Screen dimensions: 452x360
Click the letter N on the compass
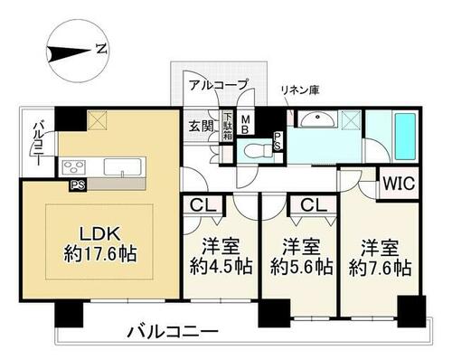point(102,49)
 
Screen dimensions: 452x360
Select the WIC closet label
point(399,183)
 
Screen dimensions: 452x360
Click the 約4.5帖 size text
point(221,266)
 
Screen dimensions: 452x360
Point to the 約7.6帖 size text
point(381,267)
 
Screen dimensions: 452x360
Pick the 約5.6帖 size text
point(301,267)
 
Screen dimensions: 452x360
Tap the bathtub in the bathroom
point(405,137)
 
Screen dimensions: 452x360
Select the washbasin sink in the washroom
point(316,119)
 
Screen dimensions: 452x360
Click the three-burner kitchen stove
point(73,166)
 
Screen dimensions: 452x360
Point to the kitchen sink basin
point(123,166)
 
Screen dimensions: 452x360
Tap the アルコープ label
point(218,85)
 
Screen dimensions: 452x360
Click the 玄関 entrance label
point(201,126)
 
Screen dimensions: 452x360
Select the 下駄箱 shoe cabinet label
point(228,126)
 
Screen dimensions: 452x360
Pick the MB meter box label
point(245,124)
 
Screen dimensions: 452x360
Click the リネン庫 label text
point(300,90)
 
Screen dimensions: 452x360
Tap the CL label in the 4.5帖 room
point(203,205)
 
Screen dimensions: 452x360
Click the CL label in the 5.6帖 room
point(314,205)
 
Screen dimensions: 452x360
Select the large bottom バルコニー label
point(173,332)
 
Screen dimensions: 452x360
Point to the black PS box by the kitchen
point(78,185)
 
